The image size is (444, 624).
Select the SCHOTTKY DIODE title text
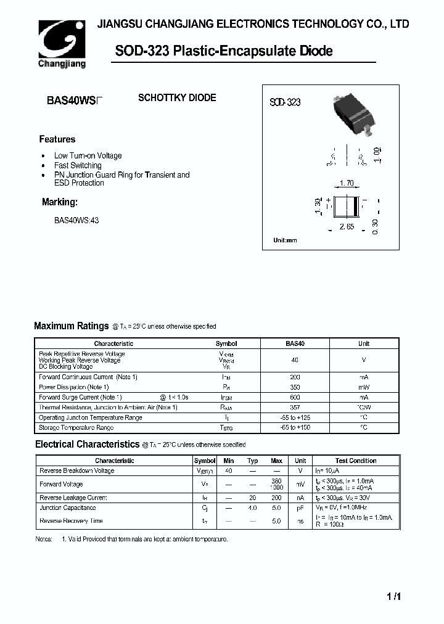click(176, 98)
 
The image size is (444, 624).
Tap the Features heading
click(57, 139)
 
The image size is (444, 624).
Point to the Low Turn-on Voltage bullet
click(88, 156)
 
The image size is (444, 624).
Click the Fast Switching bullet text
click(78, 165)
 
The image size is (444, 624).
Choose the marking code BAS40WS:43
click(76, 220)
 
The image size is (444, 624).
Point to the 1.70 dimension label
click(346, 183)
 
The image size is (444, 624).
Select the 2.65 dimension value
click(347, 228)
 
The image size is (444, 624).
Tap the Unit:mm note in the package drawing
click(285, 240)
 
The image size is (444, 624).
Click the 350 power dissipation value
click(295, 387)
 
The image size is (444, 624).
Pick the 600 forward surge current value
click(295, 398)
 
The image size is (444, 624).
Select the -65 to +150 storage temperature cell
click(295, 427)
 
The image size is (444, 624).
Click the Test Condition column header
click(356, 461)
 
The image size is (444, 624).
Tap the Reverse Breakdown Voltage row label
click(76, 470)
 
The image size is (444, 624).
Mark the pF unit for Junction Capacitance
click(300, 508)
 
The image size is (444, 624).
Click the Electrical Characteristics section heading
click(87, 444)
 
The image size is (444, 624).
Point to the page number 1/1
click(394, 596)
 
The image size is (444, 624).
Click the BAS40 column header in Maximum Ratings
click(295, 343)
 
